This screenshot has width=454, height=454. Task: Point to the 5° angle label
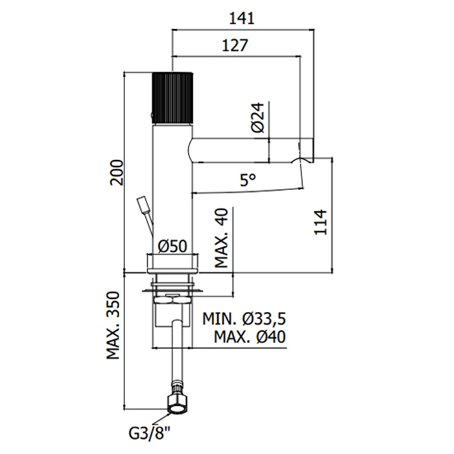coord(248,181)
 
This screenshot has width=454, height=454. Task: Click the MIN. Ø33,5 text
coord(245,319)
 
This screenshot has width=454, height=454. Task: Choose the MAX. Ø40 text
coord(245,337)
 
